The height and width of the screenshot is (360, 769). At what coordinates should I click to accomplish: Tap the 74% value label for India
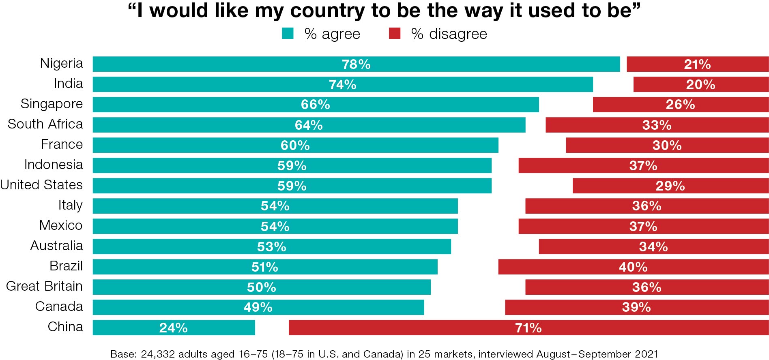tap(342, 84)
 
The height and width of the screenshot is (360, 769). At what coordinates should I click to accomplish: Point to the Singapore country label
tap(52, 104)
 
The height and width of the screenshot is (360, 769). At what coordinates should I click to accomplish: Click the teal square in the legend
tap(288, 34)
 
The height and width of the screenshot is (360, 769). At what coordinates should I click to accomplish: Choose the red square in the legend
tap(395, 34)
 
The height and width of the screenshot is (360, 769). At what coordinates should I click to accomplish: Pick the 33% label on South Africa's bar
tap(657, 125)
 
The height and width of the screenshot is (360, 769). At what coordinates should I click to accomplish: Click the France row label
tap(62, 144)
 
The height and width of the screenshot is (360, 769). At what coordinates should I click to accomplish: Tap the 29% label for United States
tap(670, 186)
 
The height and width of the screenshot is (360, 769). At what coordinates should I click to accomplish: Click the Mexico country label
tap(61, 225)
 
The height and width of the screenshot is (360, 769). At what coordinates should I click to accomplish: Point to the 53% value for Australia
tap(271, 246)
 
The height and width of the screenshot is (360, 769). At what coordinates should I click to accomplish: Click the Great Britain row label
tap(44, 286)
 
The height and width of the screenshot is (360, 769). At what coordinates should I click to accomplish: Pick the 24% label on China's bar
tap(173, 328)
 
